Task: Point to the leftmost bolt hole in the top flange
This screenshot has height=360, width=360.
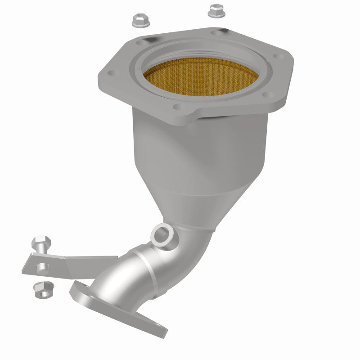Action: [111, 72]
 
